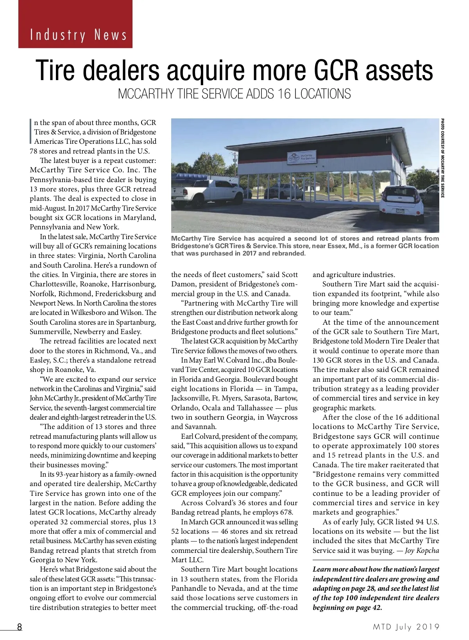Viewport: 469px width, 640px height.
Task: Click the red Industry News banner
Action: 75,24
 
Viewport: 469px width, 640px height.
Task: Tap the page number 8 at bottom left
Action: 19,627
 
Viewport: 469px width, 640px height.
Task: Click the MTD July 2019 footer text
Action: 406,627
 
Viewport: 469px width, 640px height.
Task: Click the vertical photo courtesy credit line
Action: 443,158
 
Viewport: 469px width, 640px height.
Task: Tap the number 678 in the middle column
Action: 285,512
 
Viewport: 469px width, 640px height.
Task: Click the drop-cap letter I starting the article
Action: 31,132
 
